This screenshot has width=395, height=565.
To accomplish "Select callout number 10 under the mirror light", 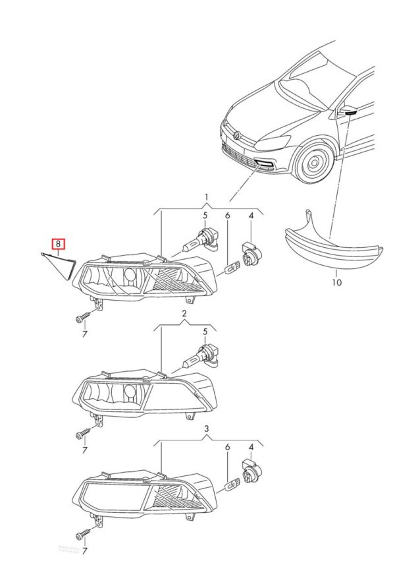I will (x=336, y=283).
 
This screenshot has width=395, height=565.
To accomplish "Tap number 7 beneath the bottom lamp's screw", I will (x=84, y=549).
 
